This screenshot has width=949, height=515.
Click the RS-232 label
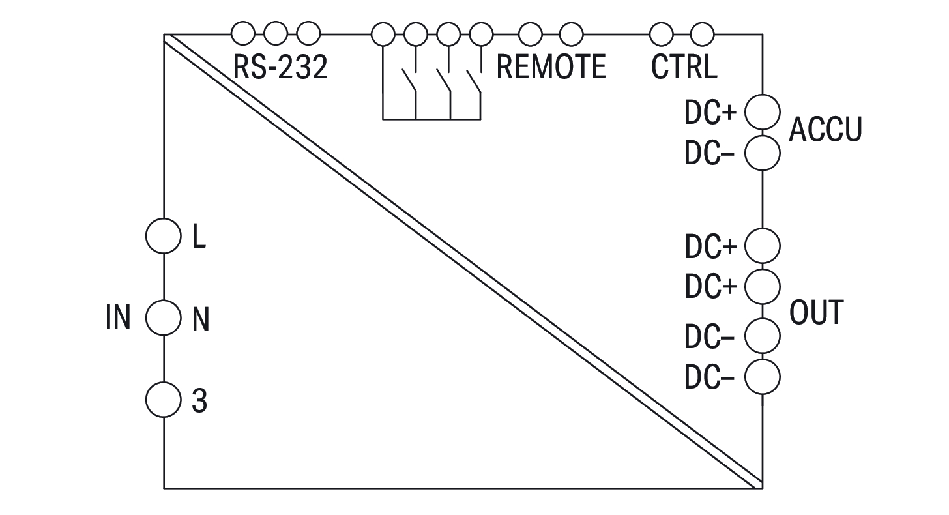(280, 67)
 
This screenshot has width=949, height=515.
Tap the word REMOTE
(551, 67)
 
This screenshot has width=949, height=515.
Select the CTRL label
(684, 67)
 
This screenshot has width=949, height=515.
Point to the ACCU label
(825, 130)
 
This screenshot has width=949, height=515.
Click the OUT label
(816, 313)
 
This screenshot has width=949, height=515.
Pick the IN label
(118, 318)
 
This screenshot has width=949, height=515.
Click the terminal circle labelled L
(162, 236)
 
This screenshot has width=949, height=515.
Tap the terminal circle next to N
(162, 318)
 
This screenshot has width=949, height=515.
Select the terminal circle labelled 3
(162, 399)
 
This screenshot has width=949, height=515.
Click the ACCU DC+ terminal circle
(762, 112)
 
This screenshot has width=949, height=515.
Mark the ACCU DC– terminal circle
(762, 154)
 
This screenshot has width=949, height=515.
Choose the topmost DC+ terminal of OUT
(762, 246)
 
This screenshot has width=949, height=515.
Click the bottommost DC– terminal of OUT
(762, 376)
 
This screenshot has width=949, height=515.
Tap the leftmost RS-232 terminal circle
(243, 33)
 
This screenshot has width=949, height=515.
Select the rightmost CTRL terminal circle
(702, 33)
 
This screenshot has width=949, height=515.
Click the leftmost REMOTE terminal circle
(383, 33)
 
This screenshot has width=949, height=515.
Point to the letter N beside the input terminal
(200, 320)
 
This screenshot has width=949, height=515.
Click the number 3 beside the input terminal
(199, 401)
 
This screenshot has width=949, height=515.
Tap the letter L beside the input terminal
(199, 237)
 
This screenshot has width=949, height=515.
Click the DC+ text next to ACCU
(710, 113)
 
